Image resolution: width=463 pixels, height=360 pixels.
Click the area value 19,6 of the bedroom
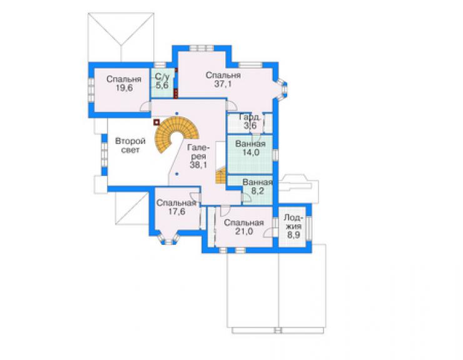124,88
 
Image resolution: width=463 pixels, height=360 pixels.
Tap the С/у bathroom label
163,77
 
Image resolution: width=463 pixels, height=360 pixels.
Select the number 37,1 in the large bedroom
223,84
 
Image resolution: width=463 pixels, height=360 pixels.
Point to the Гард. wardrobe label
250,116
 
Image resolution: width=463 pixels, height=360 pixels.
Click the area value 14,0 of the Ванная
250,153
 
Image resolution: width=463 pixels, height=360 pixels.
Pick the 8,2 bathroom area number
257,191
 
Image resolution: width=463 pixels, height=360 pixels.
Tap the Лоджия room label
293,222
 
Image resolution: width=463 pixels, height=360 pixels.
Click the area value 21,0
244,232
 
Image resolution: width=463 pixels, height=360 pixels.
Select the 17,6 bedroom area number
176,212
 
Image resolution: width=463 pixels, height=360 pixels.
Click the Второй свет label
130,145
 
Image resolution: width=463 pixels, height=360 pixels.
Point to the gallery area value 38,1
198,165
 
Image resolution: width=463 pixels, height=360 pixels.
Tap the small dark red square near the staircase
156,121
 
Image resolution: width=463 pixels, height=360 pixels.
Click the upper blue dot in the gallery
176,113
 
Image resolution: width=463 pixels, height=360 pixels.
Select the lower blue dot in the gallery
176,174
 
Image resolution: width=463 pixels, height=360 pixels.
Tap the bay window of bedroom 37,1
282,88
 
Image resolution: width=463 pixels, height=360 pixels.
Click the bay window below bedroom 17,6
168,239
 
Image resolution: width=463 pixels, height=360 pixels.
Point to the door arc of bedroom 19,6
145,106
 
